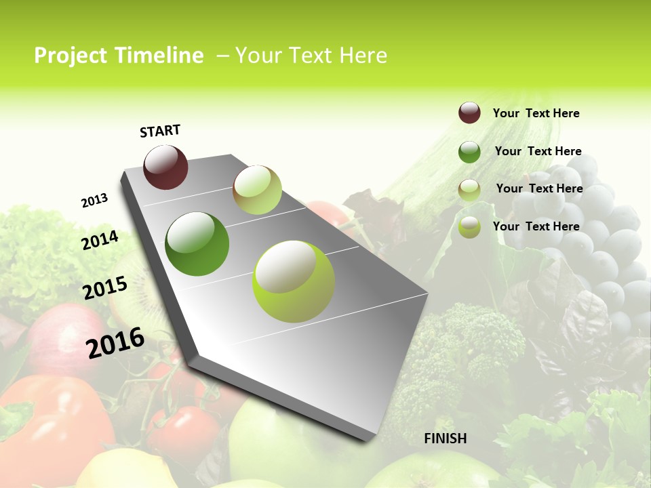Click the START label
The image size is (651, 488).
click(x=160, y=130)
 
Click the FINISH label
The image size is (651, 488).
click(x=445, y=439)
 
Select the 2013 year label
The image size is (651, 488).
click(x=94, y=201)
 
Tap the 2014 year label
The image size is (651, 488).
click(x=100, y=240)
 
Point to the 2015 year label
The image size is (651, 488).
click(x=105, y=288)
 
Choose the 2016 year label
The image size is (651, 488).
click(x=115, y=342)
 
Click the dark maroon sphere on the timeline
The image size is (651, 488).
click(x=165, y=167)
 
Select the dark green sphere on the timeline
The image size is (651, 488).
click(x=197, y=244)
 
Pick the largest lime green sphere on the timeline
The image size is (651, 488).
click(x=294, y=281)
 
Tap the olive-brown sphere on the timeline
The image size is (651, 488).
click(x=257, y=190)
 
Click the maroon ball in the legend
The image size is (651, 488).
click(x=469, y=113)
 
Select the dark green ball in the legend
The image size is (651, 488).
click(x=469, y=152)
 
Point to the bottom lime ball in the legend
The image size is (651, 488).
click(x=469, y=227)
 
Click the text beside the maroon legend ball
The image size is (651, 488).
click(x=536, y=113)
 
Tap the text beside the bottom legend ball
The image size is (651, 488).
click(x=536, y=226)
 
